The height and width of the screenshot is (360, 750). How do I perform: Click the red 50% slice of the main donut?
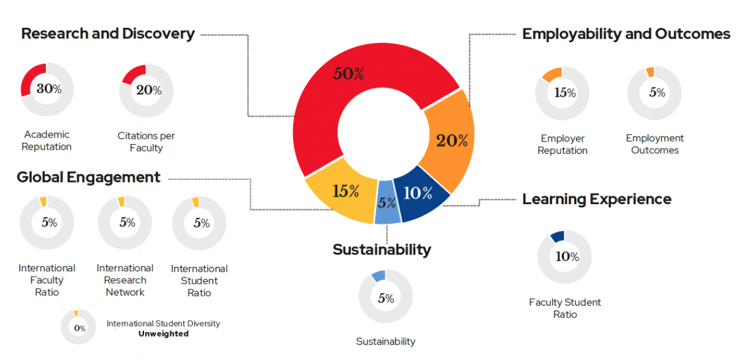pyautogui.click(x=348, y=74)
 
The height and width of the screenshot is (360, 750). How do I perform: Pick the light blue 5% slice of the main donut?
pyautogui.click(x=387, y=202)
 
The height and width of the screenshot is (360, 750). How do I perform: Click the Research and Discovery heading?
pyautogui.click(x=108, y=34)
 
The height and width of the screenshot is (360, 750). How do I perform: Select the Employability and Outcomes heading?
pyautogui.click(x=626, y=34)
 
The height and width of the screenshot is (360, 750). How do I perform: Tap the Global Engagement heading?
pyautogui.click(x=88, y=178)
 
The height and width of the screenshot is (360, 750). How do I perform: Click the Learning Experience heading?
pyautogui.click(x=597, y=199)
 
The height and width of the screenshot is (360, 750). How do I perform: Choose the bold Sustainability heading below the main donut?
pyautogui.click(x=382, y=250)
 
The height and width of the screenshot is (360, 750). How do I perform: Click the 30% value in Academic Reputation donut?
pyautogui.click(x=49, y=89)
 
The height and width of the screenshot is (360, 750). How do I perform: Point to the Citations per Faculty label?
pyautogui.click(x=147, y=142)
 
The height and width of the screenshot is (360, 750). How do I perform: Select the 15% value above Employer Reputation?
pyautogui.click(x=565, y=92)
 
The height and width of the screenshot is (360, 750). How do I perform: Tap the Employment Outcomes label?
pyautogui.click(x=655, y=144)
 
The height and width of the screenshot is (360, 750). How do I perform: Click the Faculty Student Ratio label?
pyautogui.click(x=565, y=308)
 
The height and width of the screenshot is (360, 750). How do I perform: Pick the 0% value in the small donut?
pyautogui.click(x=79, y=328)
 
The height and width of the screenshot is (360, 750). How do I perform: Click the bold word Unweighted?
pyautogui.click(x=163, y=334)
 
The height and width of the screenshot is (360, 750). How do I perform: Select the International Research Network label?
pyautogui.click(x=125, y=280)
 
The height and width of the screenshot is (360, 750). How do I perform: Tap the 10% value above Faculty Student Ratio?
pyautogui.click(x=567, y=256)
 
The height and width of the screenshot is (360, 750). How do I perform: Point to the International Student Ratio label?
pyautogui.click(x=199, y=281)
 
